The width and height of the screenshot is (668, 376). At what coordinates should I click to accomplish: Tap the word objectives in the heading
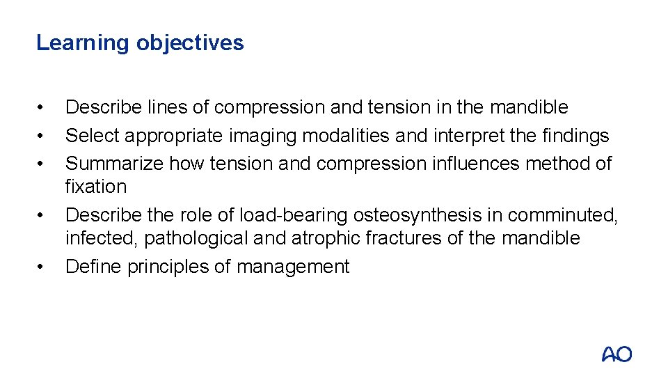coord(190,43)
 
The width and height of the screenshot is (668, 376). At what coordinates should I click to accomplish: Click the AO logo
coord(617,354)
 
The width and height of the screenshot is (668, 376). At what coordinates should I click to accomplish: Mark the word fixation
coord(96,187)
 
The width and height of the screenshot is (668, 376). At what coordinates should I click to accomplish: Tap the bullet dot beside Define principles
coord(42,267)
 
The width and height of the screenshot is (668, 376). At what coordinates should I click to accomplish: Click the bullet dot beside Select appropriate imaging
coord(42,136)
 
